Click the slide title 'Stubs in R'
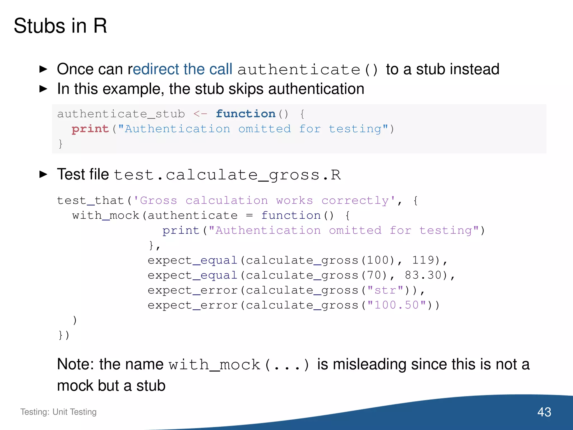60,26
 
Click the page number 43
544,412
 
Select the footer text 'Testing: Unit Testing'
58,412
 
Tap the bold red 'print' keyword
90,129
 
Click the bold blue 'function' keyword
246,114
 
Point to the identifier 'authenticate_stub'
121,114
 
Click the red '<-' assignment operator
200,114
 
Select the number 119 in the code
423,260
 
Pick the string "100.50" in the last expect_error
396,305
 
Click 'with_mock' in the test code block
106,216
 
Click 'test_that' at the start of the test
90,200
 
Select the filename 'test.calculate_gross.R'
227,175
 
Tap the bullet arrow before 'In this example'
43,89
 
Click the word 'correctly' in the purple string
355,201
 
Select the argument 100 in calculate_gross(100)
378,260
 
